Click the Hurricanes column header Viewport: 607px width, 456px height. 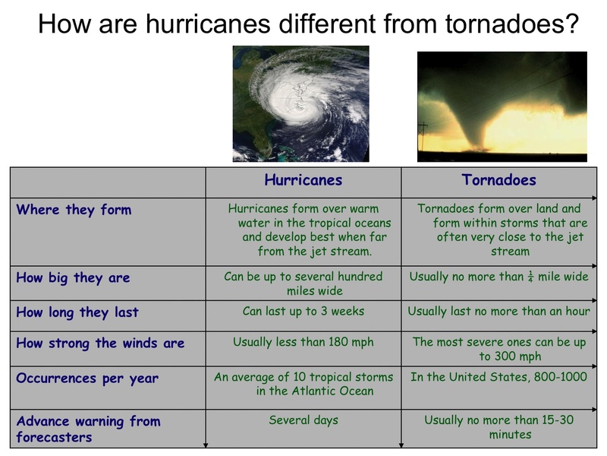pos(303,181)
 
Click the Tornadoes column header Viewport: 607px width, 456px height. pos(498,181)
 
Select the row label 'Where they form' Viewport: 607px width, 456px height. pos(74,211)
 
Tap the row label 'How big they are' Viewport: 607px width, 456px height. pos(73,278)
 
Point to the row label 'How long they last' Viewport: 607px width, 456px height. pos(77,312)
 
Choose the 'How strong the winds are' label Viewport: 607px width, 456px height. pos(100,344)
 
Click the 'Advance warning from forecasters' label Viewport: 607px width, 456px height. pos(88,429)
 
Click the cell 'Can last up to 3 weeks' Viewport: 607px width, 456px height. pos(303,312)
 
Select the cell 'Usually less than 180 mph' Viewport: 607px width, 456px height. pos(303,343)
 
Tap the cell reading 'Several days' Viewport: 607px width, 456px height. pos(303,420)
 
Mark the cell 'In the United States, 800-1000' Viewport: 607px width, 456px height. pos(498,377)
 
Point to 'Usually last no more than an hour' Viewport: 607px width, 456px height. pos(498,312)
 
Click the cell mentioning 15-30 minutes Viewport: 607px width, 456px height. pos(498,427)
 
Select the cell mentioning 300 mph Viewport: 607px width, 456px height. pos(498,350)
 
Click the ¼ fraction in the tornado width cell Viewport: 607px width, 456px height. pos(530,277)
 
